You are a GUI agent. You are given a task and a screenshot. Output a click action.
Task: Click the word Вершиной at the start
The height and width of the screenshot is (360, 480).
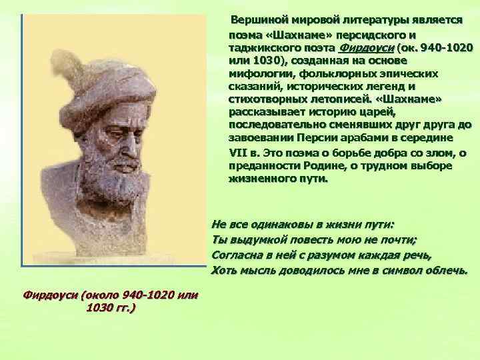[257, 21]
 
